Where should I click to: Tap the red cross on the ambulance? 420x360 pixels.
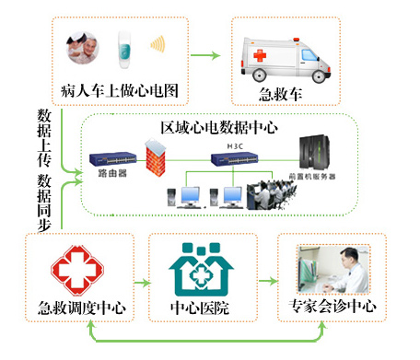(261, 56)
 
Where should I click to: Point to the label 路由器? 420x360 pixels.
(111, 174)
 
